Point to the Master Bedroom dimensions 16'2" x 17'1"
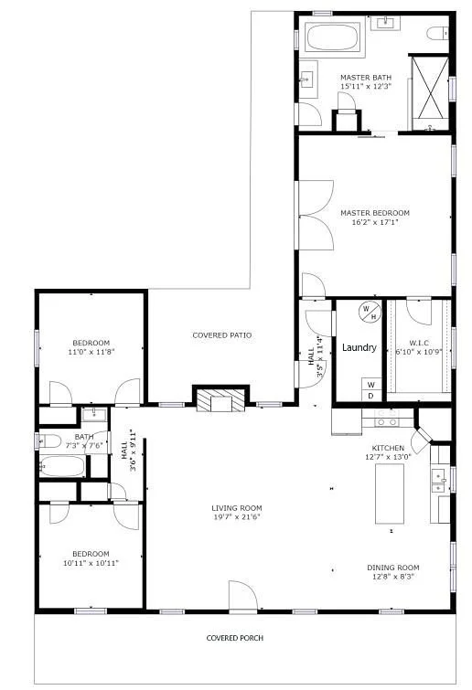pyautogui.click(x=374, y=223)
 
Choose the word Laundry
pyautogui.click(x=359, y=348)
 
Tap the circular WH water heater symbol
pyautogui.click(x=368, y=312)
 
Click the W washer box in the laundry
pyautogui.click(x=371, y=384)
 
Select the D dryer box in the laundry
pyautogui.click(x=371, y=396)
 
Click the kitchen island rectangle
pyautogui.click(x=389, y=494)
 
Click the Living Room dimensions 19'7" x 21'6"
pyautogui.click(x=237, y=518)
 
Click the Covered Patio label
pyautogui.click(x=221, y=335)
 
